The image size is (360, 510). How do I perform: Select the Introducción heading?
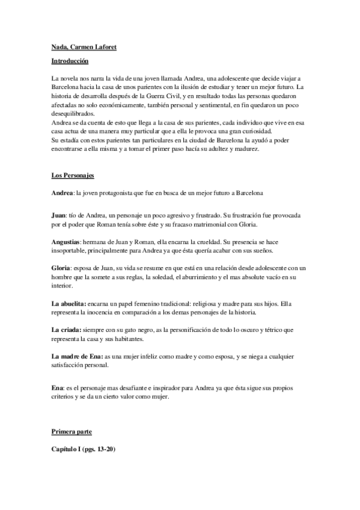[x=69, y=61]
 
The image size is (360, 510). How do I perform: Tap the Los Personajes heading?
[x=72, y=176]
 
